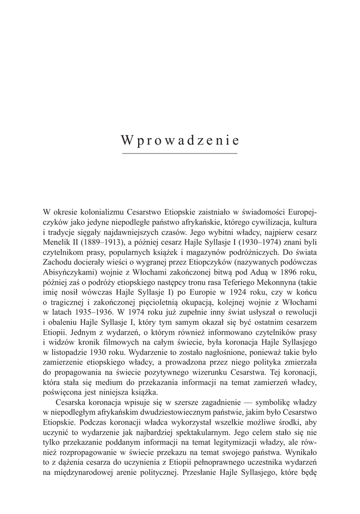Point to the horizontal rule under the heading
point(180,153)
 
